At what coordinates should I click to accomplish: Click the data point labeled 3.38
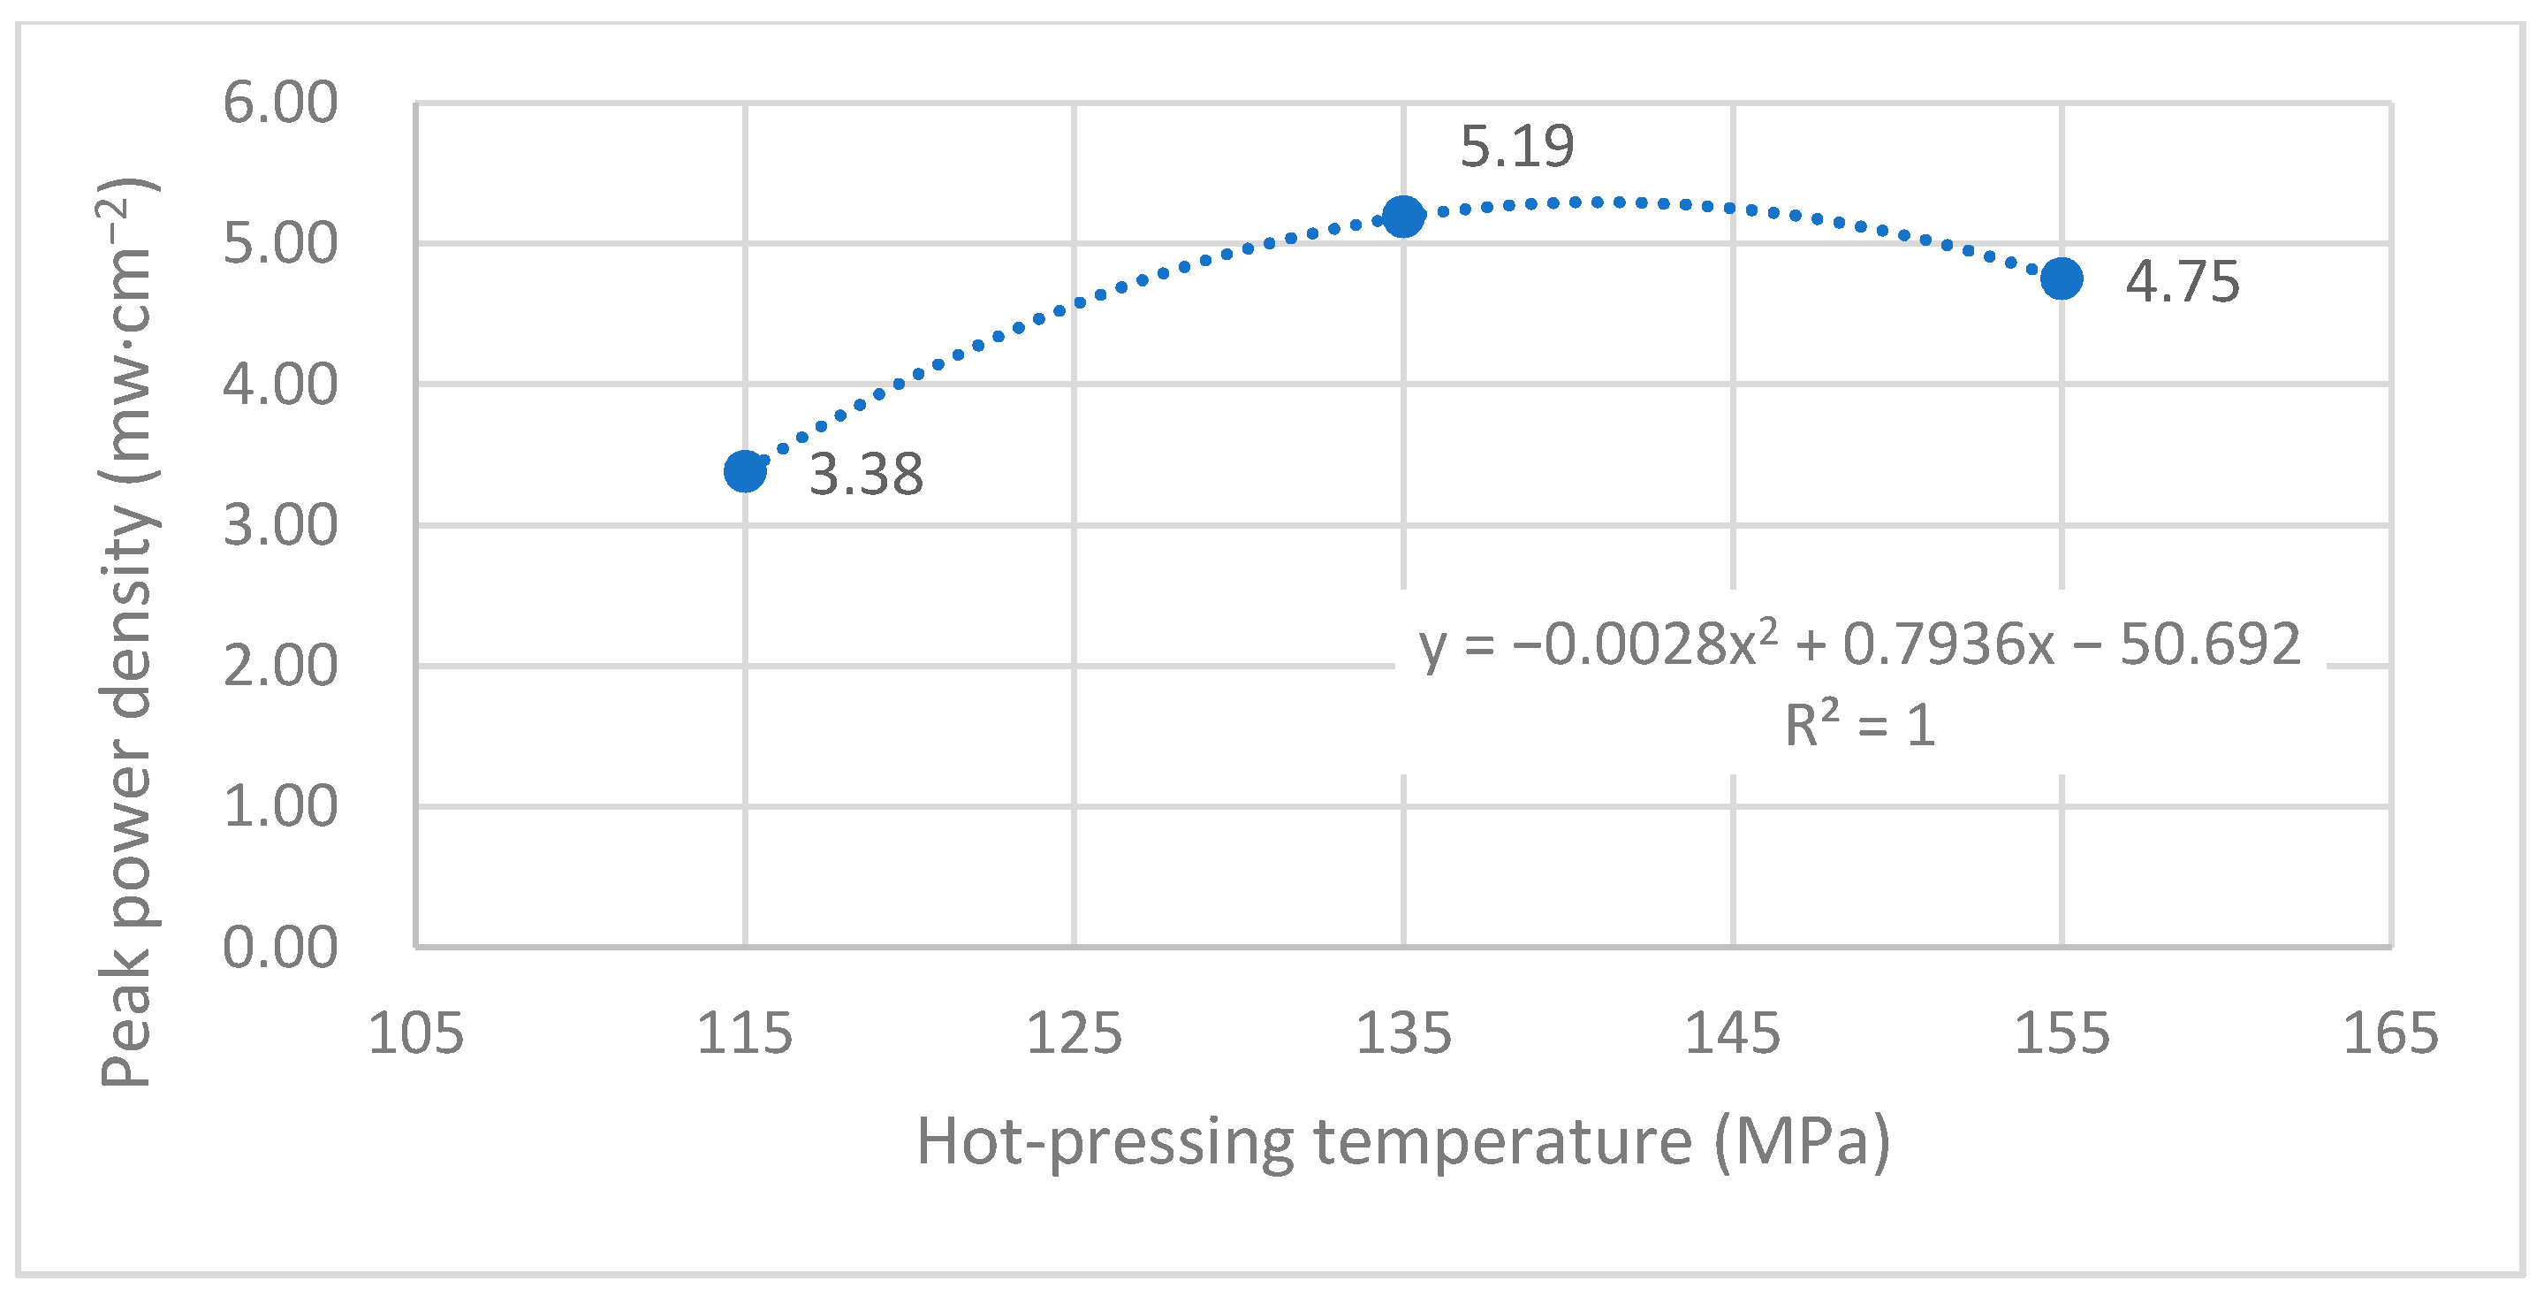[745, 471]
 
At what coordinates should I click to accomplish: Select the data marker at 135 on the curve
[1403, 216]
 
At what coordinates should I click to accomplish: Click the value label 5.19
[1517, 146]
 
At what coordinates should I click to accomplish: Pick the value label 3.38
[866, 474]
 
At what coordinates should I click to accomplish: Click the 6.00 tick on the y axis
[280, 102]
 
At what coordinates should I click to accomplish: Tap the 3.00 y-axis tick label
[280, 524]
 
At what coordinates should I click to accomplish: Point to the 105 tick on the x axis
[416, 1033]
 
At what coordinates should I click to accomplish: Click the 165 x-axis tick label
[2391, 1033]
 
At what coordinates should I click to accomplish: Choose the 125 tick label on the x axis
[1075, 1033]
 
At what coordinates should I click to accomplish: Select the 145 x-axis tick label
[1732, 1033]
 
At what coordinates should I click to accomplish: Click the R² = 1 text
[1859, 725]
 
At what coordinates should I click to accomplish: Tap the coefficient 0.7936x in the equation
[1948, 644]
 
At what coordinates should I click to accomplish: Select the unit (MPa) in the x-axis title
[1802, 1142]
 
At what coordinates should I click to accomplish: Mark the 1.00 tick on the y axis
[280, 806]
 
